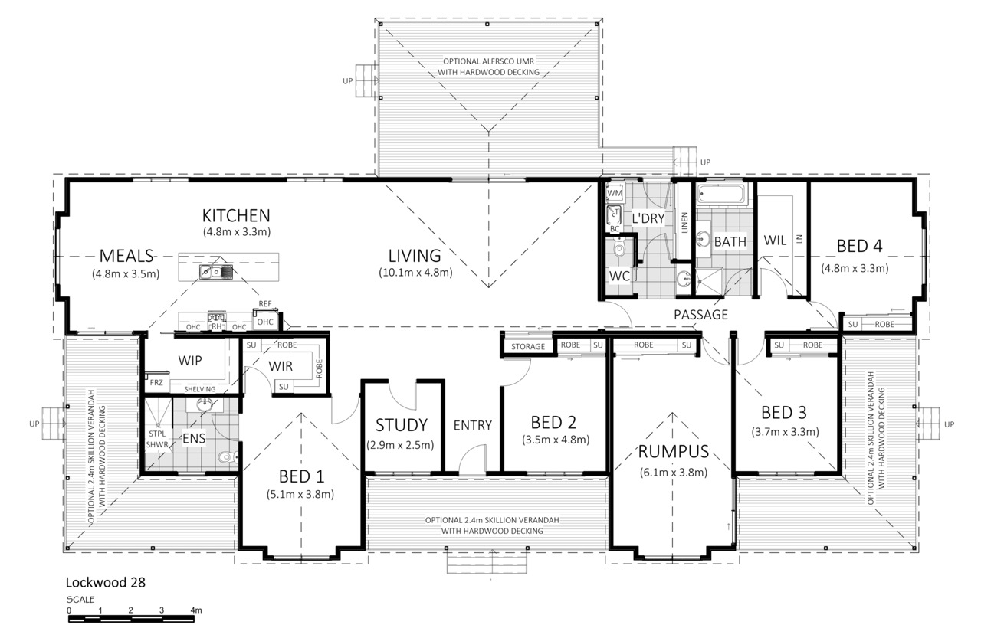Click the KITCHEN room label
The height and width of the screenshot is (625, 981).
pyautogui.click(x=236, y=216)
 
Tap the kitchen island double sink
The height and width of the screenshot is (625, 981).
pyautogui.click(x=216, y=272)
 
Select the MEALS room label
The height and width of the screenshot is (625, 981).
pyautogui.click(x=126, y=256)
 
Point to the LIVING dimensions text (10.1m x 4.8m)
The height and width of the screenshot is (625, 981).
pyautogui.click(x=415, y=273)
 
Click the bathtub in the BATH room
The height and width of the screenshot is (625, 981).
pyautogui.click(x=720, y=193)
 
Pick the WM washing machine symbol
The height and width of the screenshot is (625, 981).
pyautogui.click(x=615, y=192)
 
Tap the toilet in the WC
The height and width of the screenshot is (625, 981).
pyautogui.click(x=619, y=248)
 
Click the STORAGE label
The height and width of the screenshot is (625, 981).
pyautogui.click(x=528, y=347)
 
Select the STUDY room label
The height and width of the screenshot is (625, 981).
pyautogui.click(x=401, y=425)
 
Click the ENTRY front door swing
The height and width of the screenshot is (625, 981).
pyautogui.click(x=472, y=459)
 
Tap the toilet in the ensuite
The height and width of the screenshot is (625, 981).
pyautogui.click(x=228, y=457)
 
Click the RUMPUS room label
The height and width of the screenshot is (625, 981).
pyautogui.click(x=673, y=452)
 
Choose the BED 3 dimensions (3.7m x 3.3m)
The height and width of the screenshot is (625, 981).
pyautogui.click(x=785, y=432)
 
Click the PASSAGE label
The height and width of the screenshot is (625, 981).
pyautogui.click(x=700, y=315)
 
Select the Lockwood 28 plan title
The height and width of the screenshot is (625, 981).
pyautogui.click(x=106, y=583)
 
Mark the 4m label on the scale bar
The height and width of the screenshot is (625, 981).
pyautogui.click(x=195, y=610)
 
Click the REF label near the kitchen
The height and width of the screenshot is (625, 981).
pyautogui.click(x=265, y=304)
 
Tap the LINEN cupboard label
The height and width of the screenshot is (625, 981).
pyautogui.click(x=684, y=223)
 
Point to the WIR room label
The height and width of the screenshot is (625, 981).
pyautogui.click(x=281, y=366)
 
